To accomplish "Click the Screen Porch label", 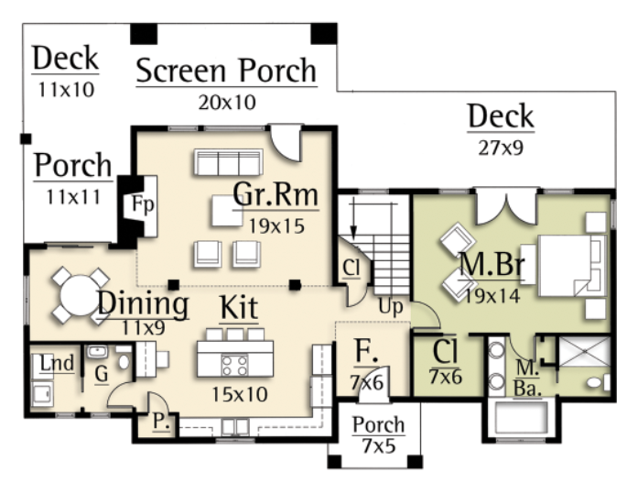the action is point(226,71).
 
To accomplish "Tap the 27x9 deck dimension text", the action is point(501,148).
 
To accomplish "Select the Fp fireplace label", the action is point(143,203).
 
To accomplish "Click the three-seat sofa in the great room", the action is point(228,162).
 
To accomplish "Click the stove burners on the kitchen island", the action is point(234,365).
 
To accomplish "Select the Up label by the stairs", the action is point(391,307).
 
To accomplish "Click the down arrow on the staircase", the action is point(353,219).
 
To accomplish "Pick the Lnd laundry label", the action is point(57,363).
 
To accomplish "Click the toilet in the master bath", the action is point(598,382).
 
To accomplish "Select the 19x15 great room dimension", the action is point(276,226).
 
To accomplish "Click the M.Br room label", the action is point(492,264).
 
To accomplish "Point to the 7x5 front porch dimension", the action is point(378,446).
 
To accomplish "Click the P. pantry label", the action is point(161,422).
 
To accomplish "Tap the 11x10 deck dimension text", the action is point(66,90).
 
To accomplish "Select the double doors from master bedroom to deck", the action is point(506,206).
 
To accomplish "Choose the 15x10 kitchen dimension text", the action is point(240,394).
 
